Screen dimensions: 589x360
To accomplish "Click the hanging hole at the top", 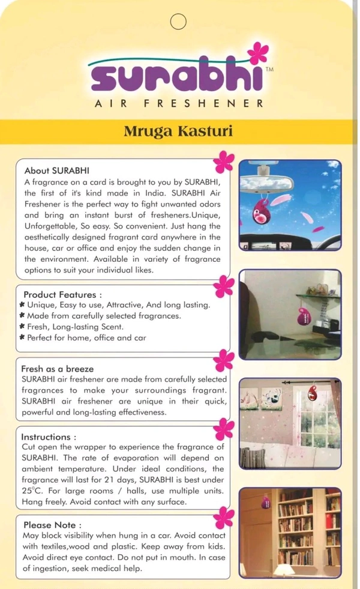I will [178, 22].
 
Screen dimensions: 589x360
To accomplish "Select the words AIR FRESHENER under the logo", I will [179, 103].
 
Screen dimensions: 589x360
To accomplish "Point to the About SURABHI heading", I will [56, 170].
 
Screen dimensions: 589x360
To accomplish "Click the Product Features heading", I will [62, 295].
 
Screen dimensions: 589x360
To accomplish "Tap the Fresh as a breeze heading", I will [58, 369].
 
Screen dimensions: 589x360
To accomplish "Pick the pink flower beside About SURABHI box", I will [224, 161].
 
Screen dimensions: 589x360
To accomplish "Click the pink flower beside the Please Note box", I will [224, 516].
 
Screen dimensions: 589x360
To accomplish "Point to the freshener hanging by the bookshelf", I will [265, 500].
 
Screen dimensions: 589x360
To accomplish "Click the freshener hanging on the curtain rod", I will [313, 393].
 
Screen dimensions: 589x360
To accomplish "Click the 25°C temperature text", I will [31, 491].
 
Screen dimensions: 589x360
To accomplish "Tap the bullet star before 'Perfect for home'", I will [22, 338].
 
